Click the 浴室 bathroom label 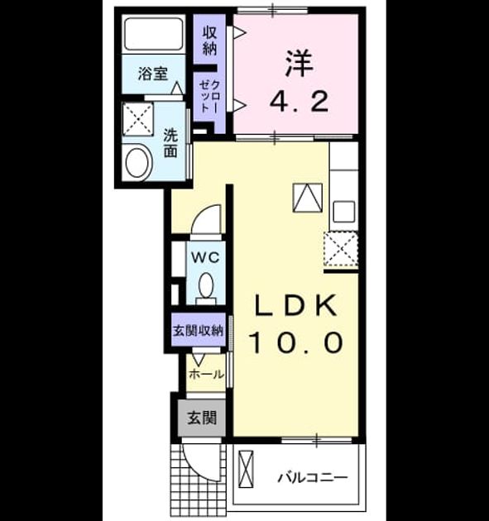[152, 74]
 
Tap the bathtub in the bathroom [154, 34]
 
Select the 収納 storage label [210, 41]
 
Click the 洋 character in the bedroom [299, 63]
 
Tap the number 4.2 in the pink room [299, 101]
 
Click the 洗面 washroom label [170, 143]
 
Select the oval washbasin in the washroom [137, 163]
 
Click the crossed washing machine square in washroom [137, 119]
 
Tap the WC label [205, 257]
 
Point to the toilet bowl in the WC [206, 285]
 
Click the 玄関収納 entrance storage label [198, 331]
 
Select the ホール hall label [206, 375]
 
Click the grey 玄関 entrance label [202, 418]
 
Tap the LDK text [295, 305]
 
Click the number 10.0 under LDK [295, 342]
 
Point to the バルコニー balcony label [312, 478]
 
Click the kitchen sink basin [343, 212]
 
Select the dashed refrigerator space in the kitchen [341, 249]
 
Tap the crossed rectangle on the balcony [246, 469]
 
